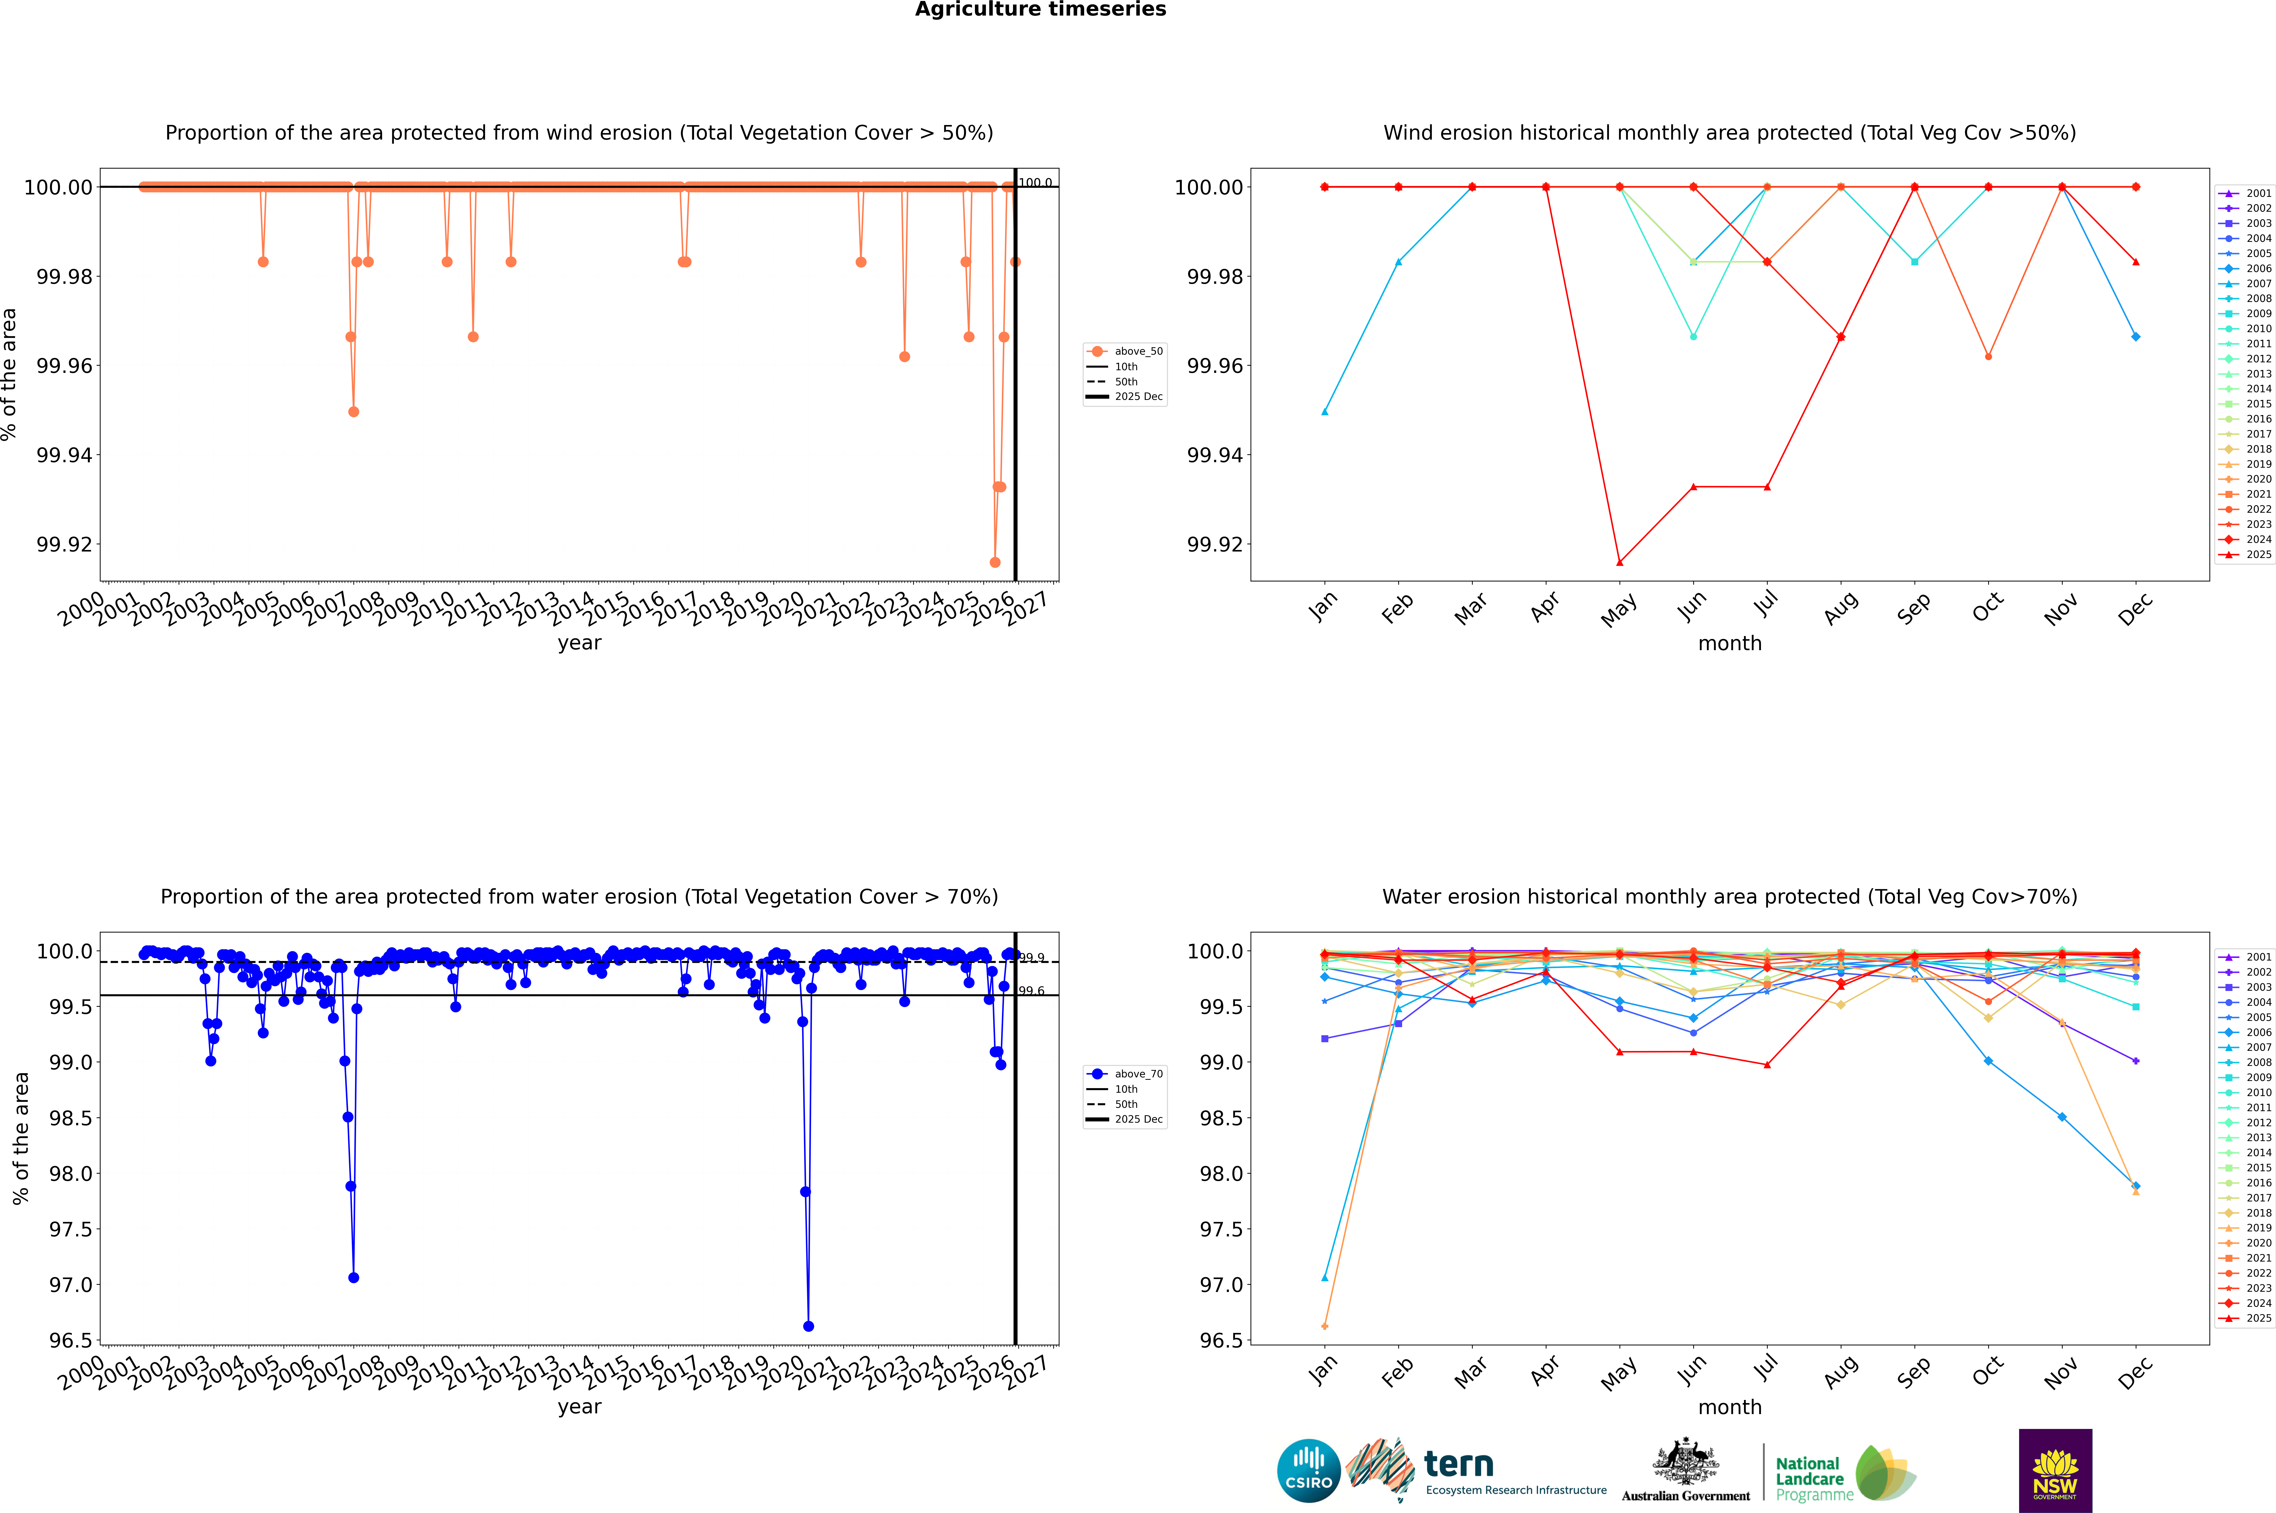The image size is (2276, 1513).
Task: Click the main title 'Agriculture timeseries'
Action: tap(1040, 10)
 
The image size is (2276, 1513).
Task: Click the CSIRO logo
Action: tap(1308, 1471)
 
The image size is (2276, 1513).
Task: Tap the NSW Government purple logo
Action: tap(2055, 1471)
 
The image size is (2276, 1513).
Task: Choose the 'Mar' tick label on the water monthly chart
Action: tap(1470, 1372)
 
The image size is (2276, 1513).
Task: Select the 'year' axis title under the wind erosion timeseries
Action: tap(579, 643)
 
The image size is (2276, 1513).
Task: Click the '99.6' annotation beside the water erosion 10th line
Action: tap(1031, 991)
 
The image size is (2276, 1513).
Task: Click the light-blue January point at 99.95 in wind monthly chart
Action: tap(1325, 412)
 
